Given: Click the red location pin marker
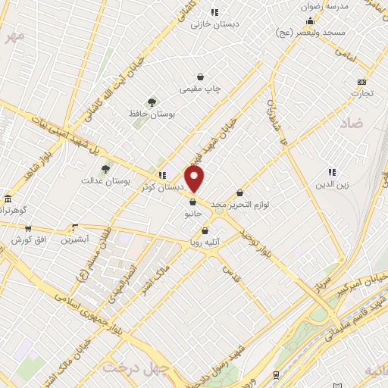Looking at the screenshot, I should (x=196, y=179).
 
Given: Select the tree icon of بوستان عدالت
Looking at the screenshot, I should (x=105, y=169).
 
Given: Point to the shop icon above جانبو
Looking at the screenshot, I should (x=192, y=202).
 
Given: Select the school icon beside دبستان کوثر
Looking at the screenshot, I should (x=161, y=175).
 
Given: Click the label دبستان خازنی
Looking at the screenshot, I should (x=214, y=23).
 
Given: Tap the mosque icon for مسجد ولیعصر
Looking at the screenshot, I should (x=311, y=20).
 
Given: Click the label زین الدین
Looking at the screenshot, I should (x=331, y=184).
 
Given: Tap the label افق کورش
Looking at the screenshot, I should (x=28, y=239).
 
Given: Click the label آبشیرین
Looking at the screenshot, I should (x=75, y=239).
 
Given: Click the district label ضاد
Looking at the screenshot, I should (x=351, y=122).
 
